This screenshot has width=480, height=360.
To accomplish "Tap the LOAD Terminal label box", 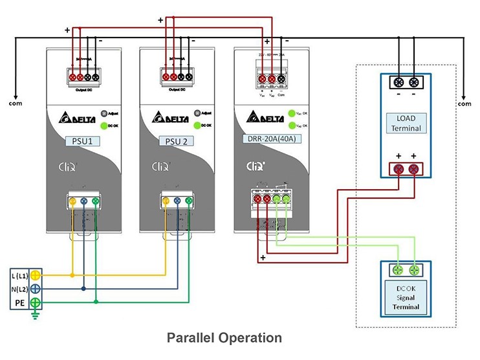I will [406, 123].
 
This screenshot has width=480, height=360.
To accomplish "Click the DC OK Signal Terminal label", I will [406, 297].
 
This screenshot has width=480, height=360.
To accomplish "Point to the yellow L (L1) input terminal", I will [36, 275].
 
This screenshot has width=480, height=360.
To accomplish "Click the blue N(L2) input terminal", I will [36, 289].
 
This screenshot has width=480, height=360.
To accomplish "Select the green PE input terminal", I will [36, 302].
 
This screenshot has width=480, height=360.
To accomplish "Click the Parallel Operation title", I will [224, 338].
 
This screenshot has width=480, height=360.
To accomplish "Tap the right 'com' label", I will [464, 103].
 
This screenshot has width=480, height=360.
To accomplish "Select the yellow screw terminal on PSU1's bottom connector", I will [72, 202].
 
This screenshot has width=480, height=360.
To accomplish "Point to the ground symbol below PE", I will [36, 316].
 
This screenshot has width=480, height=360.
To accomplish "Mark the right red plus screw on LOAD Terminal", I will [415, 170].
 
